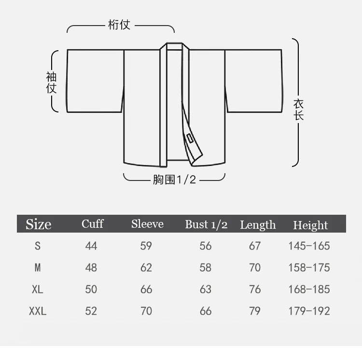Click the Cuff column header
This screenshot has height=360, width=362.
(92, 223)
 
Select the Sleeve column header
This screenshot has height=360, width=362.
(147, 224)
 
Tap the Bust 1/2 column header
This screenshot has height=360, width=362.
(206, 224)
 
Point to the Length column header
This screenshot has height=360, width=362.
(258, 225)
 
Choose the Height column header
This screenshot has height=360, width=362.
(310, 225)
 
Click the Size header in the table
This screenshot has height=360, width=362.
(38, 224)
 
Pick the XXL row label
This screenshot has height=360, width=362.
(38, 311)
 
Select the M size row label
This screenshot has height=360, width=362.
(38, 267)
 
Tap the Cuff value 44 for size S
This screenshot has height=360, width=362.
(91, 246)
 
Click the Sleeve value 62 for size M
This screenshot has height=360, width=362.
(146, 267)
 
